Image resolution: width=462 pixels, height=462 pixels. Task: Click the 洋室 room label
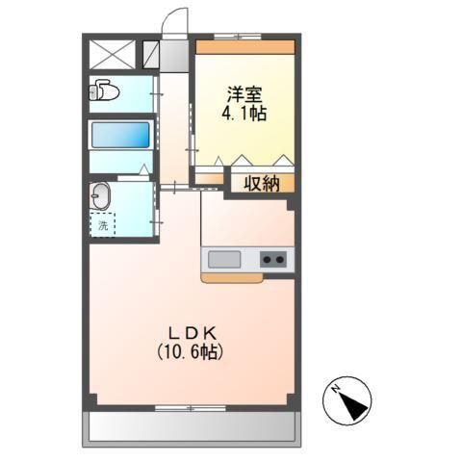244,94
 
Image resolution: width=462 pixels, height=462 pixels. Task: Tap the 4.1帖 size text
244,114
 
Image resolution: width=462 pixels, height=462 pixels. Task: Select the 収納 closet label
260,183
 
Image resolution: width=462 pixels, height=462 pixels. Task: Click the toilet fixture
104,92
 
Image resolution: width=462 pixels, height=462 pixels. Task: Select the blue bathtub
120,134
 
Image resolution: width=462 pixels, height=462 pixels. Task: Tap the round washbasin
101,198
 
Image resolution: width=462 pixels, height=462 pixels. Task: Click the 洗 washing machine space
102,226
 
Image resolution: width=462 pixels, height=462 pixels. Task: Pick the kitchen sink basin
223,260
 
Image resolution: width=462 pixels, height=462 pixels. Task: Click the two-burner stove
273,260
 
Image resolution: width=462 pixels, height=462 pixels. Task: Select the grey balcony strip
191,426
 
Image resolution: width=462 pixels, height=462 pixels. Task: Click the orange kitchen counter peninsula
231,278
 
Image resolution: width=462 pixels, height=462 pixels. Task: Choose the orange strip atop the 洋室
244,46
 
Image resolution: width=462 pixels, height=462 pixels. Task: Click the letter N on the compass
334,390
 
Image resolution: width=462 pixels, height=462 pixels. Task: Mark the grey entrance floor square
174,53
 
